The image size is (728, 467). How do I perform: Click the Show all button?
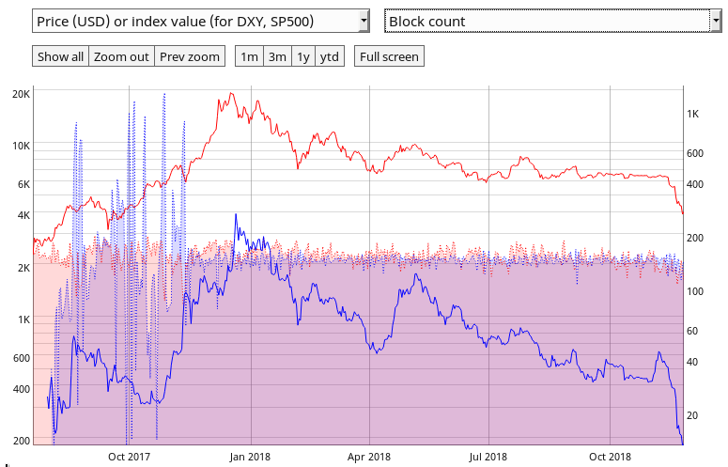(60, 56)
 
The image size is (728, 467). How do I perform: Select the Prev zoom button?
(190, 56)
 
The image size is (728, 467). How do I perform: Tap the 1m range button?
(249, 56)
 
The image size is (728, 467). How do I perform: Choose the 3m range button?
(277, 56)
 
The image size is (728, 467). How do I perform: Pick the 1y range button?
(303, 56)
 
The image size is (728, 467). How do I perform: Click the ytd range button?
(330, 56)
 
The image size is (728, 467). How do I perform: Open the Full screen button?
(388, 56)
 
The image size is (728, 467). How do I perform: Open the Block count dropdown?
(551, 21)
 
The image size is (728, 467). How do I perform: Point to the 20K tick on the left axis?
(21, 94)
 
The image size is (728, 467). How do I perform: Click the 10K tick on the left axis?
(21, 146)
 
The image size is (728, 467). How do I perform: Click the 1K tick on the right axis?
(693, 114)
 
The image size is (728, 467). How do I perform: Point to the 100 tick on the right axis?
(695, 291)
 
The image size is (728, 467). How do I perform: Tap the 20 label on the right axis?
(694, 415)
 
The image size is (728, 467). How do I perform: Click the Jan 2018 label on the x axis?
(249, 457)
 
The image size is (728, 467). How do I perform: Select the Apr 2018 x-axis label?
(369, 457)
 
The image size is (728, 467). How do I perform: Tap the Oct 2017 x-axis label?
(129, 457)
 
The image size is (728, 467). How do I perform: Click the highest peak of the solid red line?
(231, 94)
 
